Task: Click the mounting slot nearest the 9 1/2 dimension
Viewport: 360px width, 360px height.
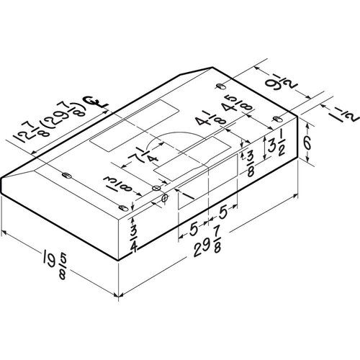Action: point(219,86)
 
